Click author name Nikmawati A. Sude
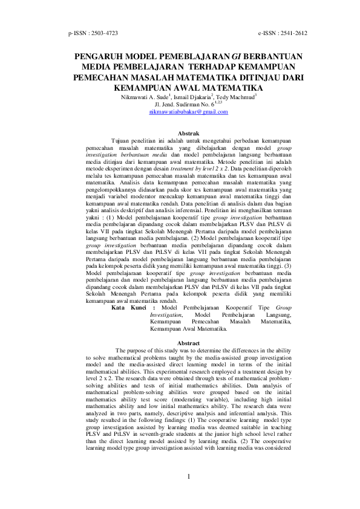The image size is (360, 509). (x=145, y=96)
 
